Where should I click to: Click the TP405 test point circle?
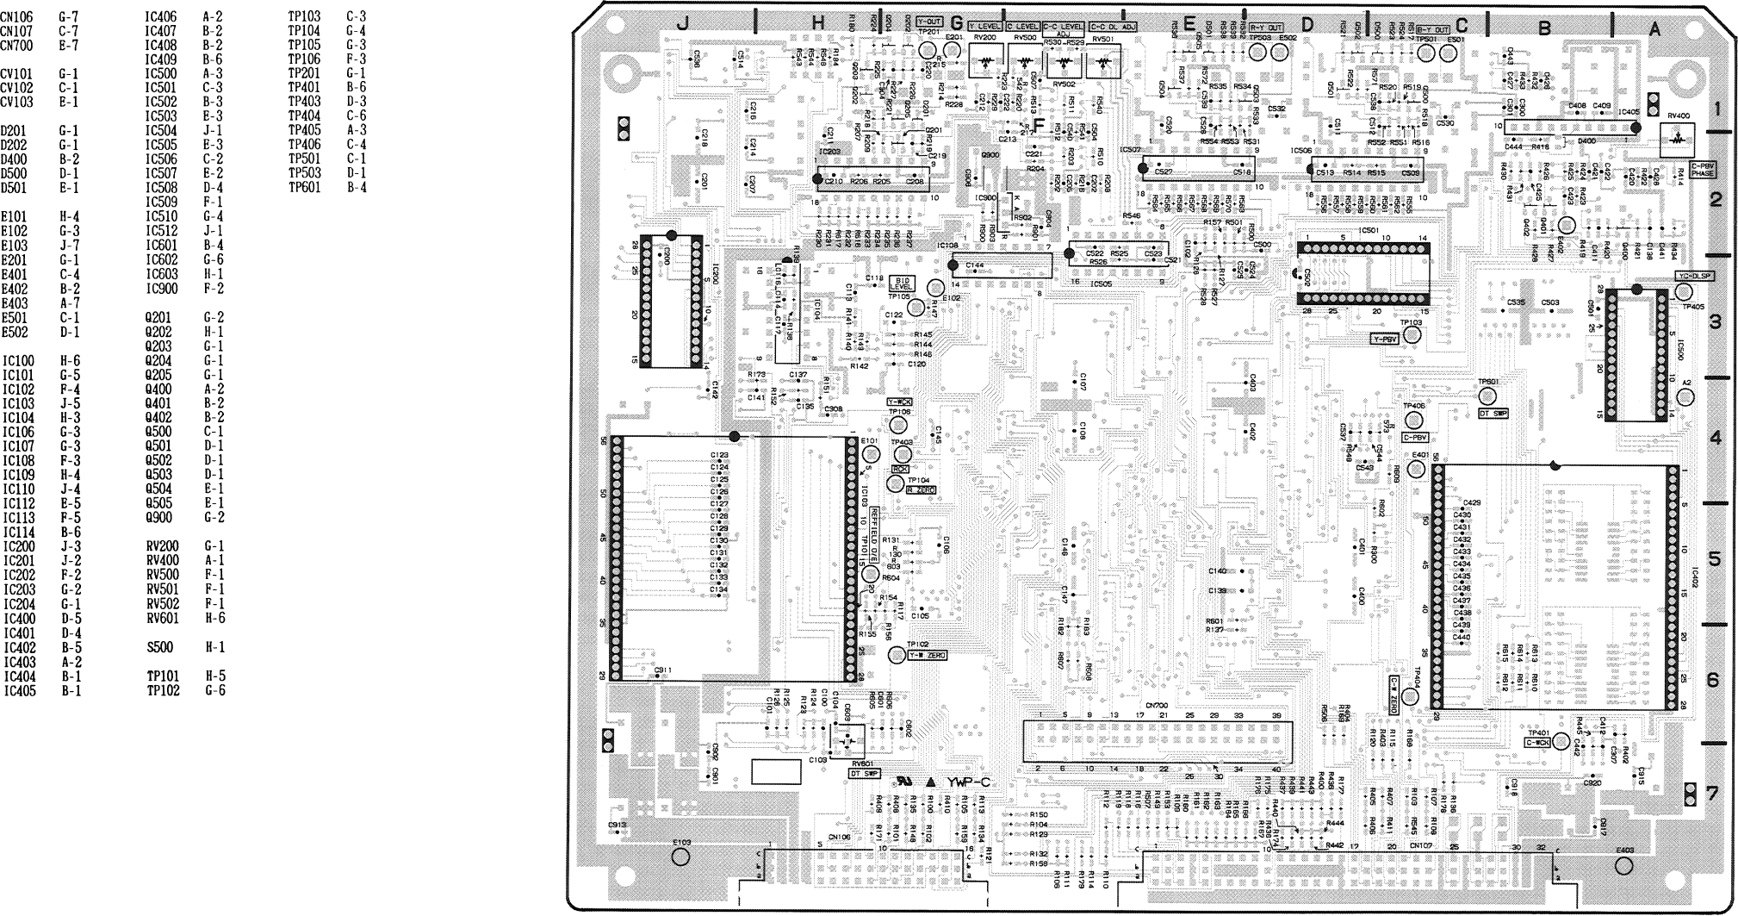point(1684,293)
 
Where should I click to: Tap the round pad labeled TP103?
point(1411,337)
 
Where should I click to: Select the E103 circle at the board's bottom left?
point(680,857)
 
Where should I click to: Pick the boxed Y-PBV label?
point(1384,340)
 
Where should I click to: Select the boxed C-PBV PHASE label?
point(1703,169)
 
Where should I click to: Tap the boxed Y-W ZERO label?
point(927,656)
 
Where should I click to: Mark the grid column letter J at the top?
point(682,25)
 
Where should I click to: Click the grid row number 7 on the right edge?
point(1713,792)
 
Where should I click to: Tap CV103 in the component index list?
point(17,102)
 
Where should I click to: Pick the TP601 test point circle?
point(1487,396)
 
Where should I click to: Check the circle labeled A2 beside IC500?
point(1685,397)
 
